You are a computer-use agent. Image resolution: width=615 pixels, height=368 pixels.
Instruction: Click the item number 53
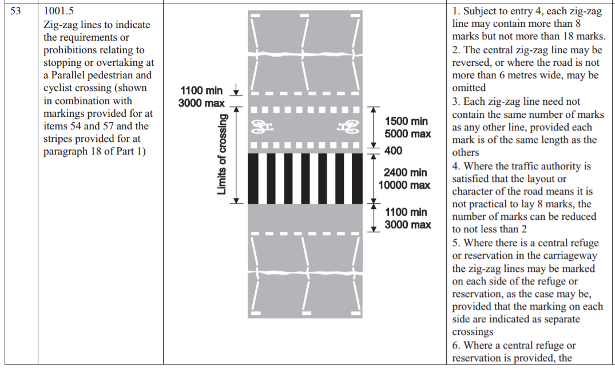(15, 11)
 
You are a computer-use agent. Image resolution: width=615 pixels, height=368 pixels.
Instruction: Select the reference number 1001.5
(58, 11)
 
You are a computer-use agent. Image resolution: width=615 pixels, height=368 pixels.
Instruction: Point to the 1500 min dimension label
(406, 121)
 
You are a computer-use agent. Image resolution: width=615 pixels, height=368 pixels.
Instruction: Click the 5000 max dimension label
(407, 134)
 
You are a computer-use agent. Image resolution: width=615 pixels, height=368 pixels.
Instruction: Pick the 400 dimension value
(394, 151)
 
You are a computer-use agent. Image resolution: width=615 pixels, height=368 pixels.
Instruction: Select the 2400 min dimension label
(405, 172)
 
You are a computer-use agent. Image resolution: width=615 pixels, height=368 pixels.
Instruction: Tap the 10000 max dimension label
(404, 185)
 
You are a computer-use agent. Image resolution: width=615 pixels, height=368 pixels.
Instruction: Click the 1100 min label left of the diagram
(201, 91)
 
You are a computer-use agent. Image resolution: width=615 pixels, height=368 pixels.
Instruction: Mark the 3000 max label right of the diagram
(407, 225)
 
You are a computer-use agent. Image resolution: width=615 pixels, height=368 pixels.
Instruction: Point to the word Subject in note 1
(481, 11)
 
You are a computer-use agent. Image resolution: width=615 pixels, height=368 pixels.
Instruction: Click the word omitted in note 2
(469, 87)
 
